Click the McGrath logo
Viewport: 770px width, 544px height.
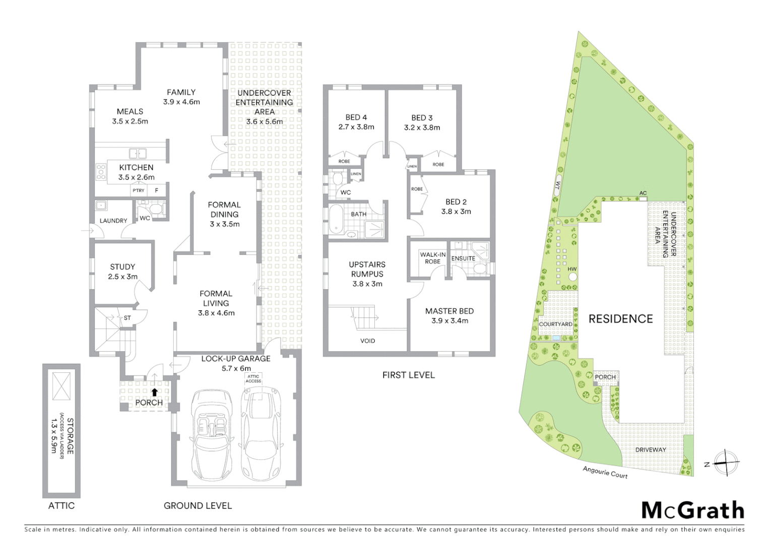[693, 510]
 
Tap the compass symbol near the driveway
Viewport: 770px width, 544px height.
[726, 462]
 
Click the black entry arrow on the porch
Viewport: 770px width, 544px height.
[154, 391]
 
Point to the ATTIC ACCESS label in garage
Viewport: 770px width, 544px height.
[253, 379]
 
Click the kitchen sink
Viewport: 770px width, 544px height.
[137, 154]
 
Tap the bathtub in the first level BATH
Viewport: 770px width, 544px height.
[336, 220]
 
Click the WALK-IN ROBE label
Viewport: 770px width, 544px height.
[432, 258]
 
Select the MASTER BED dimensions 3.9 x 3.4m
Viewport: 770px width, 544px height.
[450, 321]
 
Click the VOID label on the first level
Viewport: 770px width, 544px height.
[367, 341]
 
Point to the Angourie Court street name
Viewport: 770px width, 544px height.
[605, 472]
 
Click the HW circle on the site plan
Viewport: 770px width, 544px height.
[572, 277]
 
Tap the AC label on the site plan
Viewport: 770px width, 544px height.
[643, 193]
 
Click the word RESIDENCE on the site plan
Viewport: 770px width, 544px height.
[620, 319]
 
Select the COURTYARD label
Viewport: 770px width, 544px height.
[555, 324]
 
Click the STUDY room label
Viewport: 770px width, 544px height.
[122, 267]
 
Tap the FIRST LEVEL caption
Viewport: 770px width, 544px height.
[408, 375]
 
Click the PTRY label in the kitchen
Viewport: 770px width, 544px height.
[138, 190]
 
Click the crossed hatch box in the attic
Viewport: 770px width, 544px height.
[61, 386]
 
